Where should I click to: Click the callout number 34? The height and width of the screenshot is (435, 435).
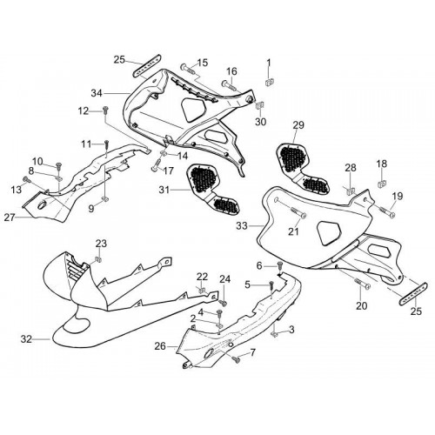pyautogui.click(x=97, y=93)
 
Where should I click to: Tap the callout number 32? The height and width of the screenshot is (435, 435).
pyautogui.click(x=26, y=338)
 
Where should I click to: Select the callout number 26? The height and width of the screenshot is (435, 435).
pyautogui.click(x=160, y=346)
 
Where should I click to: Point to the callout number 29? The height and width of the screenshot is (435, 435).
pyautogui.click(x=298, y=125)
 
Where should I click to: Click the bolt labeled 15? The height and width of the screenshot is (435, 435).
pyautogui.click(x=188, y=69)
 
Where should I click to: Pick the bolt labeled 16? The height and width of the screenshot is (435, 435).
pyautogui.click(x=229, y=84)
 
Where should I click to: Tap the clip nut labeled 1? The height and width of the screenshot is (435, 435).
pyautogui.click(x=270, y=82)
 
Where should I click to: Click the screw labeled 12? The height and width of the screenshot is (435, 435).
pyautogui.click(x=105, y=110)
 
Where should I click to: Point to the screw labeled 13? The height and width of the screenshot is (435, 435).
pyautogui.click(x=25, y=179)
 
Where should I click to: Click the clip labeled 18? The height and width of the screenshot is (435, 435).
pyautogui.click(x=382, y=183)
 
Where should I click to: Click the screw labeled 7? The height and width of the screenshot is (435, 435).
pyautogui.click(x=237, y=359)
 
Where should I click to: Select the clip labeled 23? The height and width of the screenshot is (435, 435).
pyautogui.click(x=99, y=259)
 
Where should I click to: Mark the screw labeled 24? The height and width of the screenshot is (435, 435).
pyautogui.click(x=224, y=303)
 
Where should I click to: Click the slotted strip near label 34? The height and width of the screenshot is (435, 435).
pyautogui.click(x=147, y=65)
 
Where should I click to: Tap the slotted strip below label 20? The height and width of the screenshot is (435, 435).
pyautogui.click(x=414, y=293)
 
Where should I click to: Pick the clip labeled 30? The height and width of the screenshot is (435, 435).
pyautogui.click(x=259, y=105)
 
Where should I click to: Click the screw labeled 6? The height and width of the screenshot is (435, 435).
pyautogui.click(x=280, y=264)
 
